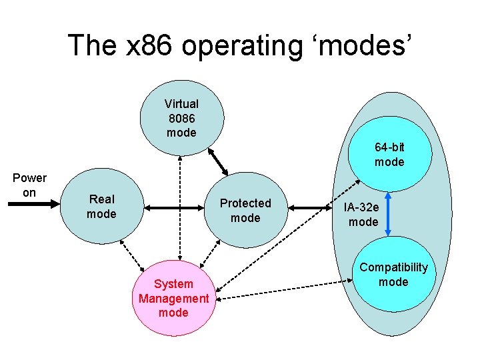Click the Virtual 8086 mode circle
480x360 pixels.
click(181, 118)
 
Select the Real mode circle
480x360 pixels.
click(101, 207)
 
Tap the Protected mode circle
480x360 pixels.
click(245, 210)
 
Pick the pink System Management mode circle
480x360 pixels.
click(173, 298)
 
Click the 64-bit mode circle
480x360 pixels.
click(389, 155)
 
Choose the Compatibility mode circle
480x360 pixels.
click(393, 275)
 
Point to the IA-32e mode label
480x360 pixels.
click(363, 215)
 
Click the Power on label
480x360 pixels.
click(29, 185)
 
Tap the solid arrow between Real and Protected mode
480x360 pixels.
click(175, 209)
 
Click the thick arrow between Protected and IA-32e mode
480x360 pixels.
click(313, 209)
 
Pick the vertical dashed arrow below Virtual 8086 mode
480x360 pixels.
click(180, 207)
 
